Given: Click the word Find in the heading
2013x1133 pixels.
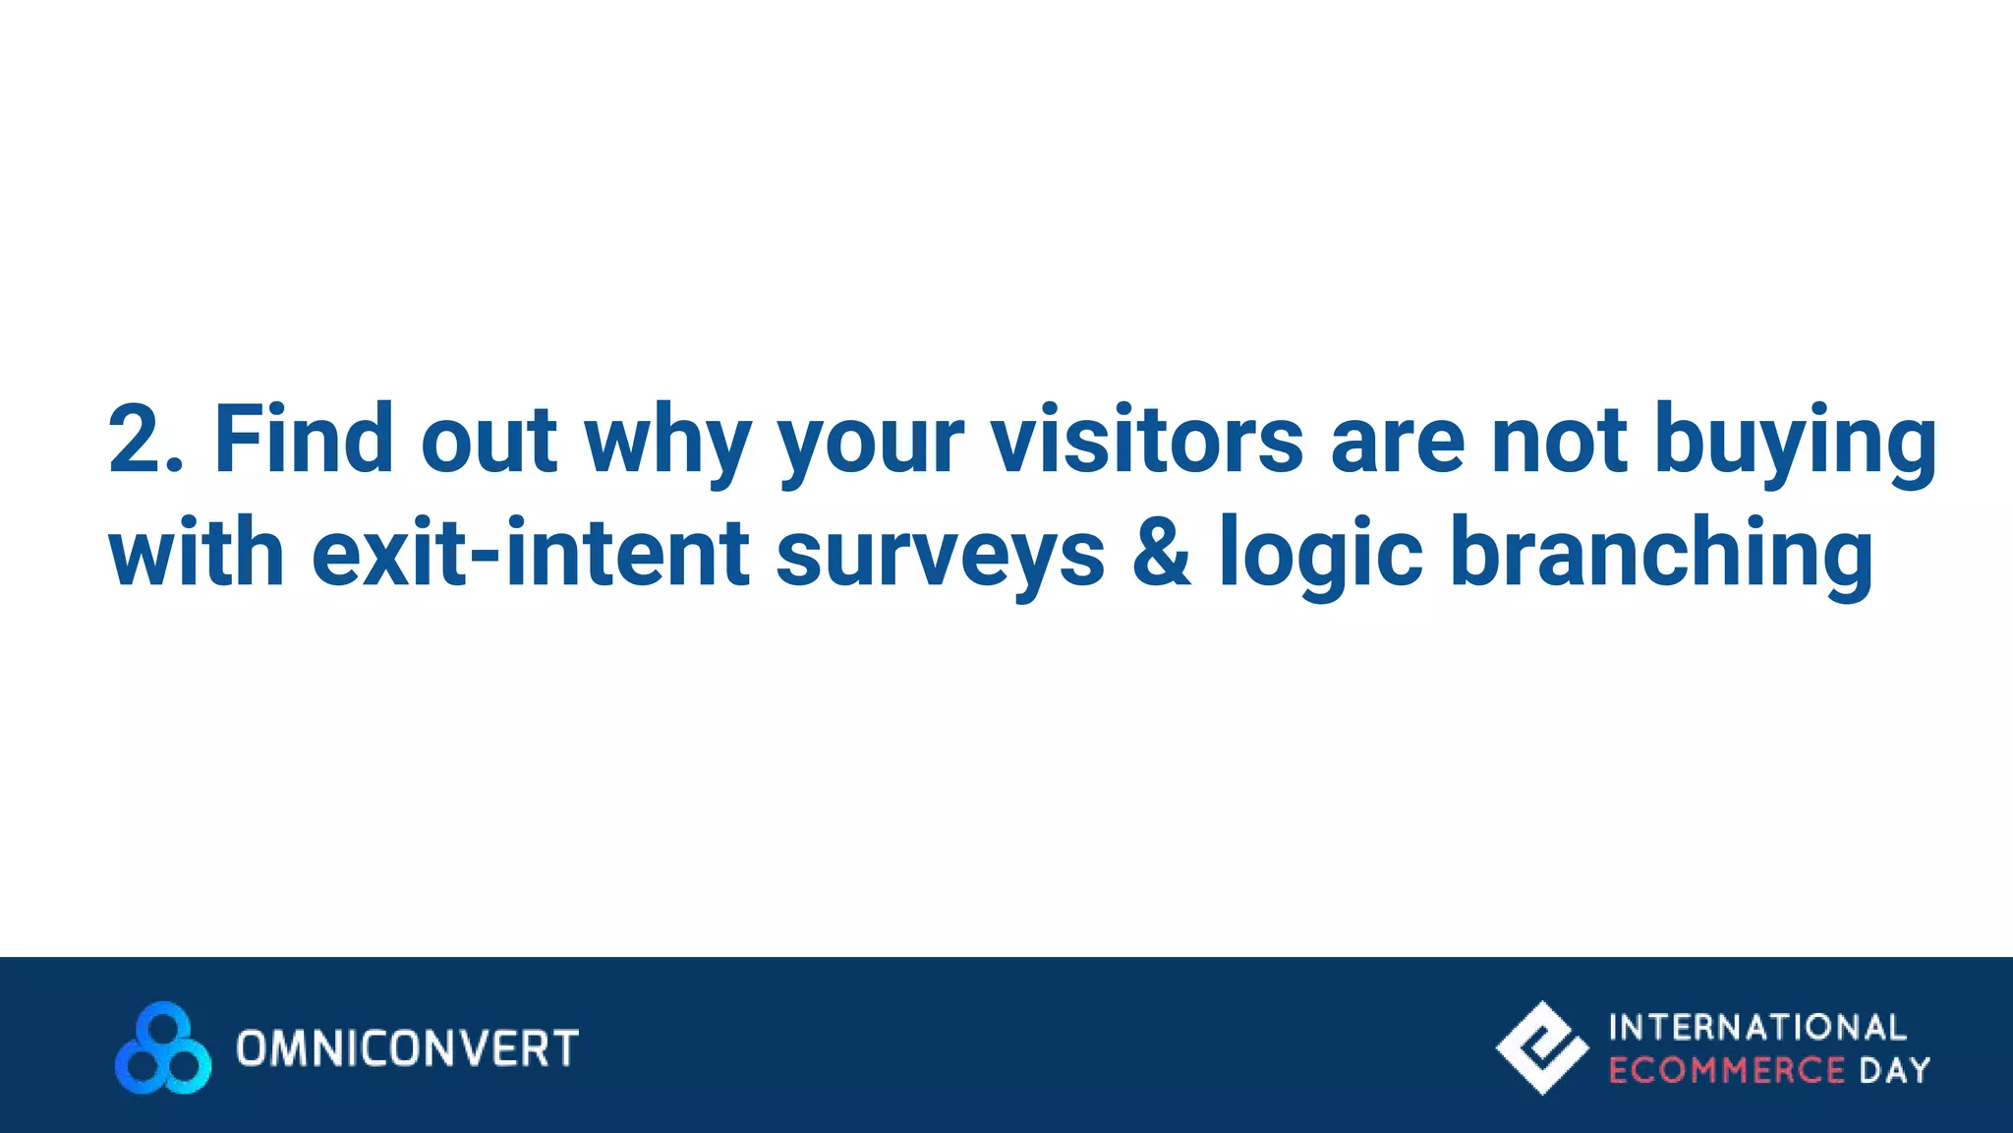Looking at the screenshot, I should coord(303,440).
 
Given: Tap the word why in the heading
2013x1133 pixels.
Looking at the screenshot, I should coord(668,443).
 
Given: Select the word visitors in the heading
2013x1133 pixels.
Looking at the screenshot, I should coord(1146,440).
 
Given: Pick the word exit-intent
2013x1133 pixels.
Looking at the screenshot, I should coord(530,553).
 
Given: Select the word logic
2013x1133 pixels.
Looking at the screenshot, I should coord(1320,555).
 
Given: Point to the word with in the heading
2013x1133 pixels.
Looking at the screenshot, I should coord(197,553).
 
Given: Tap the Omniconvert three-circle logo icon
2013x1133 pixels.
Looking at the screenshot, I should coord(163,1048).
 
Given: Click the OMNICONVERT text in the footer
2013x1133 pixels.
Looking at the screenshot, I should coord(407,1048).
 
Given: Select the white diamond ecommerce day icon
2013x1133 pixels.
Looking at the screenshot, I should coord(1541,1047).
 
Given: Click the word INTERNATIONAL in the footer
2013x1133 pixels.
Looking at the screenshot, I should coord(1757,1028).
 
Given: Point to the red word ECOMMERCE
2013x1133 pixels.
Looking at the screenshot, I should coord(1726,1070).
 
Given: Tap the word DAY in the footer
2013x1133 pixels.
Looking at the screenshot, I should coord(1894,1070).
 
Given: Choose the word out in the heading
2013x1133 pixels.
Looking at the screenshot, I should coord(489,440).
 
